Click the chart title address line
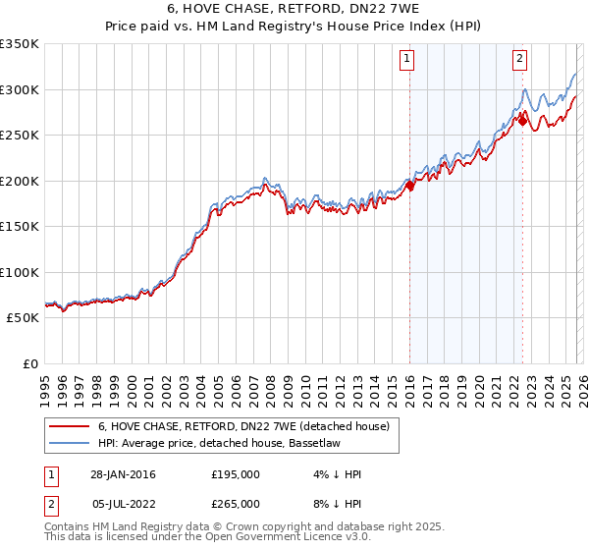pos(294,11)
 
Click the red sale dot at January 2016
pos(409,186)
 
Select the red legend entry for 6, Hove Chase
pos(243,426)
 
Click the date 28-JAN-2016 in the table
pos(123,474)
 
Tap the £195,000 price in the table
pos(235,474)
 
